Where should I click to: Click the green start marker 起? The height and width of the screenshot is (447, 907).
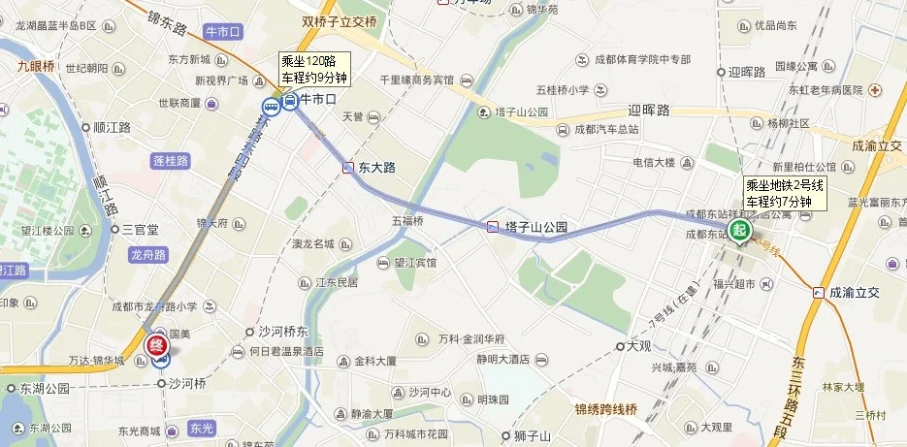pos(740,231)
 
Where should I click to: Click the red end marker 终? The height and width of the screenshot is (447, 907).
pos(157,344)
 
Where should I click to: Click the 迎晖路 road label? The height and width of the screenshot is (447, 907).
pos(649,111)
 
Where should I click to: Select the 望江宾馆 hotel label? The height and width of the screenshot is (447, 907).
pos(415,263)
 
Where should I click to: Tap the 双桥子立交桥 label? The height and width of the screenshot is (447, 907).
pos(339,19)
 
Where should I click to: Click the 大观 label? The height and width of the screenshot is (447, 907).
pos(638,345)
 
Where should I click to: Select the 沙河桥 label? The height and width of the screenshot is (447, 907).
pos(187,383)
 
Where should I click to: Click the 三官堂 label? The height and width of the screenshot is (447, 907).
pos(140,230)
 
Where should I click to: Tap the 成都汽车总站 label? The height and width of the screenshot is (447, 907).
pos(606,129)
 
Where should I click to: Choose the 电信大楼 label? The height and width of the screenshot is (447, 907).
pos(653,162)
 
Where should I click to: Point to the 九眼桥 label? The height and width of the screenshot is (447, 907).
pos(36,67)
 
